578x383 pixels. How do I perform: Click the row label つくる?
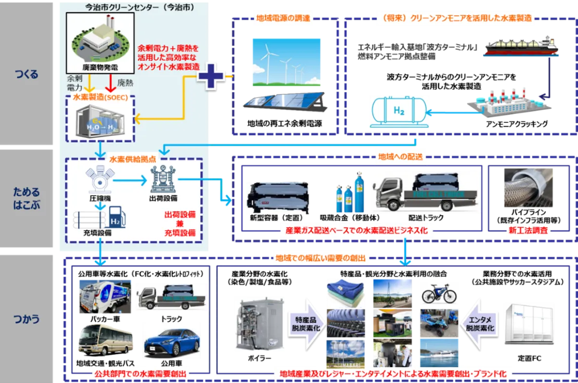(26, 75)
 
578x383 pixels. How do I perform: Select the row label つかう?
(26, 319)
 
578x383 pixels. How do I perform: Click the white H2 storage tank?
(397, 112)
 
